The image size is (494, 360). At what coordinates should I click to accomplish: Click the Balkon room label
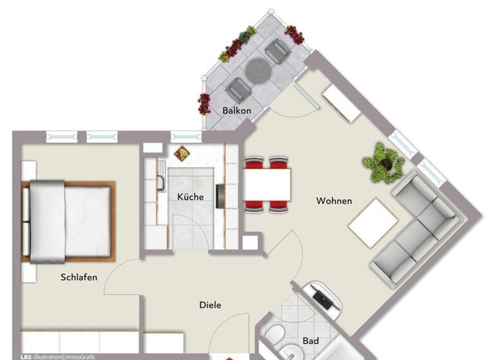point(237,111)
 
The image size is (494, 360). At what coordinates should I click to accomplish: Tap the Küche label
point(190,197)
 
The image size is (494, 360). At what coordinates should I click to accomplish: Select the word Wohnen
point(334,201)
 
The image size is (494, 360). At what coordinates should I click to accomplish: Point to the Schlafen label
point(79,277)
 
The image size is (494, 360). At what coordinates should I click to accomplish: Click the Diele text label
point(210,305)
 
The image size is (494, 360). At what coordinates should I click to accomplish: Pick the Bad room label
point(311,341)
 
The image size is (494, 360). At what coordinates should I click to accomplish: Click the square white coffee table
point(373,222)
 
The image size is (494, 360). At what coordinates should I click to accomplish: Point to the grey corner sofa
point(416,225)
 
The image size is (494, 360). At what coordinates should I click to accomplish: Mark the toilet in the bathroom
point(273,336)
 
